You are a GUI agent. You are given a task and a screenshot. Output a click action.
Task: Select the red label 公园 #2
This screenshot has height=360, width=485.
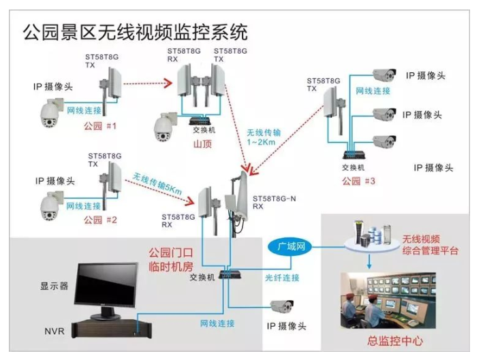click(100, 220)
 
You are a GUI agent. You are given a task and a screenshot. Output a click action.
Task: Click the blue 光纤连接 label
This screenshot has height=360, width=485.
click(282, 278)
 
